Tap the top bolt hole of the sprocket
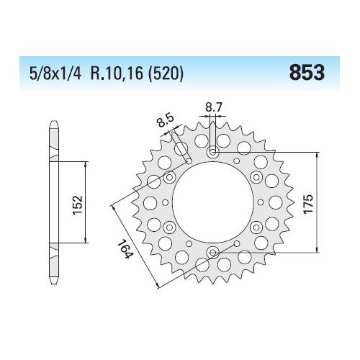click(x=214, y=153)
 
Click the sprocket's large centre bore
click(x=214, y=202)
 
